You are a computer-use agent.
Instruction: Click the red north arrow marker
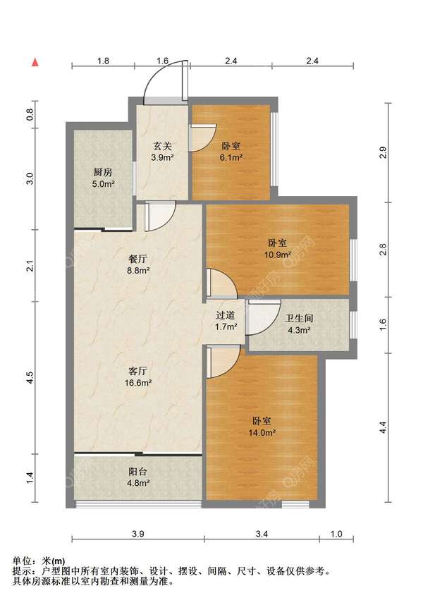pyautogui.click(x=35, y=62)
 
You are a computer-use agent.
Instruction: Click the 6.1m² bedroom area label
pyautogui.click(x=231, y=157)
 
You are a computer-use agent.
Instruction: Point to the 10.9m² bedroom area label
pyautogui.click(x=277, y=255)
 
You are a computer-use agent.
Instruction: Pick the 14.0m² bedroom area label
pyautogui.click(x=262, y=433)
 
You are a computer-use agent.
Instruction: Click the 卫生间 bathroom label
pyautogui.click(x=299, y=318)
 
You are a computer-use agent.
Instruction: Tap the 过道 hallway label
pyautogui.click(x=225, y=315)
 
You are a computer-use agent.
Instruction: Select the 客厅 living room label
pyautogui.click(x=137, y=371)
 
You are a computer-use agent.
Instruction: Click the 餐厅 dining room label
pyautogui.click(x=137, y=259)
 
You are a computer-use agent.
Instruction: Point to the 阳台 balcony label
pyautogui.click(x=137, y=472)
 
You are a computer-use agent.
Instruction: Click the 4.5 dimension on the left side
pyautogui.click(x=31, y=378)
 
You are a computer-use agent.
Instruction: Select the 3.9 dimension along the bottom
pyautogui.click(x=138, y=534)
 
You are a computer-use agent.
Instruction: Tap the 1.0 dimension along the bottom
pyautogui.click(x=336, y=534)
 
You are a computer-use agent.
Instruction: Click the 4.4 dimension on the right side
pyautogui.click(x=383, y=427)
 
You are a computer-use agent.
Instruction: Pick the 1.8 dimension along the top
pyautogui.click(x=103, y=61)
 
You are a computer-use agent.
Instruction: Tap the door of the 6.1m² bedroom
pyautogui.click(x=203, y=137)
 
